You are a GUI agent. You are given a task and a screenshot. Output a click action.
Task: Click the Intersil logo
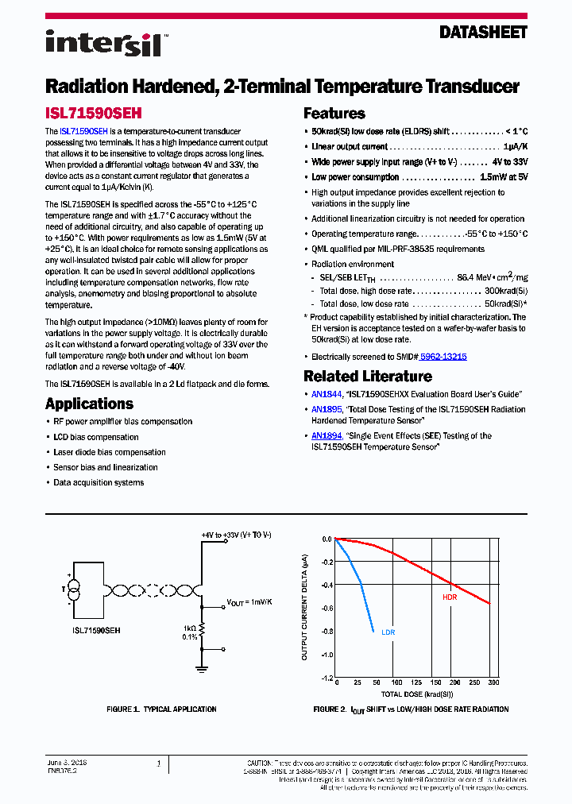click(103, 43)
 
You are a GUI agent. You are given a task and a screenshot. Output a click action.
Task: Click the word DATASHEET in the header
click(483, 33)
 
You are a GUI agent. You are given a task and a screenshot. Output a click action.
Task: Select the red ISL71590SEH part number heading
click(94, 114)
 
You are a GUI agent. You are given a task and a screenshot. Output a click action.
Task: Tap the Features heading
click(334, 114)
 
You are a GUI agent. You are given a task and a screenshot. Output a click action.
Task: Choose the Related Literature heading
click(368, 377)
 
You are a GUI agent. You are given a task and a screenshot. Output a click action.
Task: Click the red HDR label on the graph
click(450, 597)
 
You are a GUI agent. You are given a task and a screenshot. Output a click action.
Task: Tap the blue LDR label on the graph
click(388, 632)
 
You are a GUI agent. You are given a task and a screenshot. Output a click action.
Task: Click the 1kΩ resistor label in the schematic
click(189, 626)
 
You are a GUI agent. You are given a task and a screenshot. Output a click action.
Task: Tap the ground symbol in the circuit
click(202, 667)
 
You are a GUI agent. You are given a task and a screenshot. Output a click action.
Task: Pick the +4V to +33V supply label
click(236, 535)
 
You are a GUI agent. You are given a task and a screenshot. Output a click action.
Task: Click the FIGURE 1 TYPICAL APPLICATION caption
click(161, 709)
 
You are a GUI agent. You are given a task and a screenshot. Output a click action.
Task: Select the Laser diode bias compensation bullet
click(110, 452)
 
